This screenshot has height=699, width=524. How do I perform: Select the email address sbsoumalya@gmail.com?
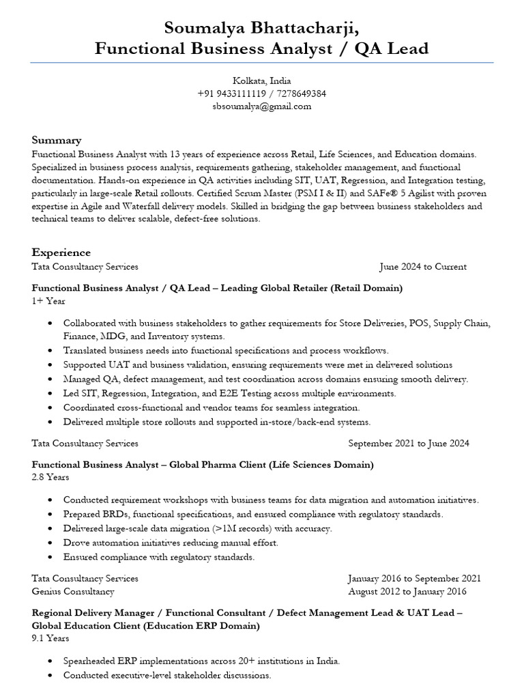click(x=262, y=106)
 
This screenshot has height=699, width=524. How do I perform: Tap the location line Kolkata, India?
click(x=262, y=81)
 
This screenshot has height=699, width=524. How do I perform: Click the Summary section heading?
click(x=57, y=140)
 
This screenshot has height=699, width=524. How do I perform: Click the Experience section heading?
click(x=61, y=252)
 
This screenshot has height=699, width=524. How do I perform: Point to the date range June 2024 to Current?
click(x=423, y=266)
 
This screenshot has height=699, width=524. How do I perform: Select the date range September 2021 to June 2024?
click(x=408, y=443)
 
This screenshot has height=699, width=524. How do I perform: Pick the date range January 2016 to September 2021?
click(x=414, y=577)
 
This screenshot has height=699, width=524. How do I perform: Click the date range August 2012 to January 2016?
click(x=407, y=591)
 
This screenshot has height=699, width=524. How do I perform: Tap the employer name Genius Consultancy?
click(x=73, y=591)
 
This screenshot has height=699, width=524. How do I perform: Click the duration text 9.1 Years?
click(x=50, y=638)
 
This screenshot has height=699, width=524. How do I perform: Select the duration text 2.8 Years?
click(x=50, y=478)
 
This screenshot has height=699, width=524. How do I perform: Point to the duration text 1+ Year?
click(x=48, y=301)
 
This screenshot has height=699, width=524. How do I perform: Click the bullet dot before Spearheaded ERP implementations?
click(x=52, y=661)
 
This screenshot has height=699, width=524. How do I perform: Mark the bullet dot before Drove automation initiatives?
click(x=52, y=543)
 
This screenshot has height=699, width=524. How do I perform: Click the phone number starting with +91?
click(x=262, y=94)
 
